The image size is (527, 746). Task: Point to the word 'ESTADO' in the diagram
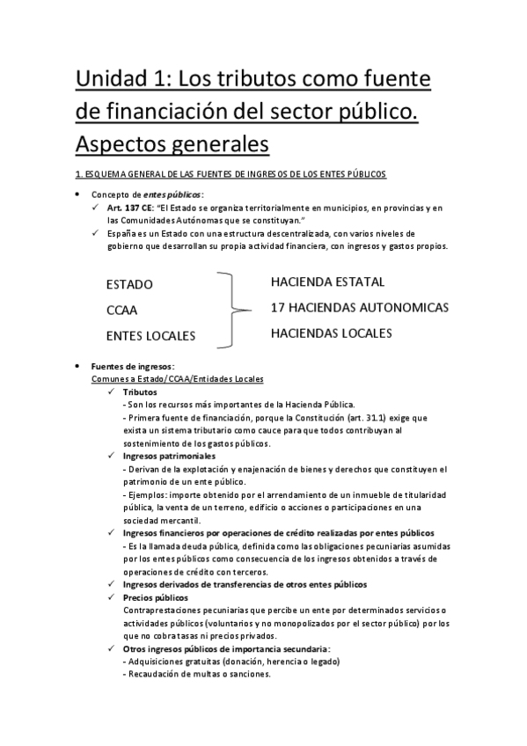(129, 284)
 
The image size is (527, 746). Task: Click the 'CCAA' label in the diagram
(121, 310)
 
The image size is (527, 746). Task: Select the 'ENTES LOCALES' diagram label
(150, 335)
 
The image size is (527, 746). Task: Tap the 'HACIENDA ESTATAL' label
(327, 282)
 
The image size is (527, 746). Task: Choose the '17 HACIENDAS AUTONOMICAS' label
(360, 308)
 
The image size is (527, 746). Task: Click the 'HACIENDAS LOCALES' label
(330, 333)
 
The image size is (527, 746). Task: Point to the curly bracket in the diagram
(231, 309)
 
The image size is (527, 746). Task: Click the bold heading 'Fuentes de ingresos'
(133, 366)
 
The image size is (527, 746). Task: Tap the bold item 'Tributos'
(140, 391)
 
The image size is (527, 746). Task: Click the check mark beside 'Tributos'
(110, 391)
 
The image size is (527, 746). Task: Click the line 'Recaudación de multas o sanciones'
(198, 674)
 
